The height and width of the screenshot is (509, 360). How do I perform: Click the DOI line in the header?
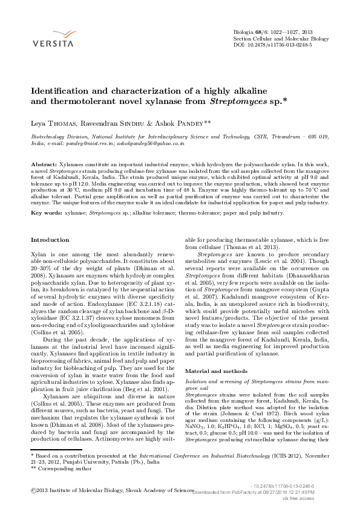pos(272,46)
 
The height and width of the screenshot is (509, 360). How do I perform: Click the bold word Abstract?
pos(44,164)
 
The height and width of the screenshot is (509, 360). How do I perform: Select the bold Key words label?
pos(46,213)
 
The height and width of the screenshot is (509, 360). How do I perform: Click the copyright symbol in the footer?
pos(32,491)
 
